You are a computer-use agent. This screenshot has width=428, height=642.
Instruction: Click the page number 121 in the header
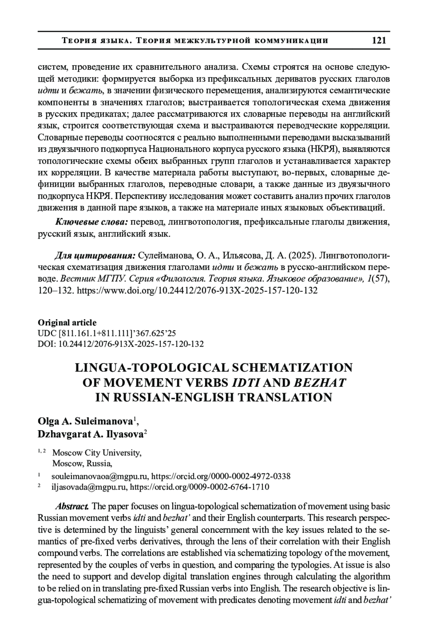pos(379,40)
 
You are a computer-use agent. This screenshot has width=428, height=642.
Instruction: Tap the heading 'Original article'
pos(67,322)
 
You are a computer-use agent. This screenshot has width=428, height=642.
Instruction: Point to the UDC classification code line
pos(107,333)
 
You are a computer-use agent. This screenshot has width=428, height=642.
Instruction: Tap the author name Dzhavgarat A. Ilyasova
pos(90,434)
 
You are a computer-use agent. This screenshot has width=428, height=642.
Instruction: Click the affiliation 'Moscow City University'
pos(96,453)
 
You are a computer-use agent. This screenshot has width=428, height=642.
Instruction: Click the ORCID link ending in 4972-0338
pos(221,476)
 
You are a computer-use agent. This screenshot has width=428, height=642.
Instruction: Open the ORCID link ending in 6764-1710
pos(199,487)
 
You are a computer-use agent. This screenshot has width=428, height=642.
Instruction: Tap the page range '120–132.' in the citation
pos(56,290)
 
